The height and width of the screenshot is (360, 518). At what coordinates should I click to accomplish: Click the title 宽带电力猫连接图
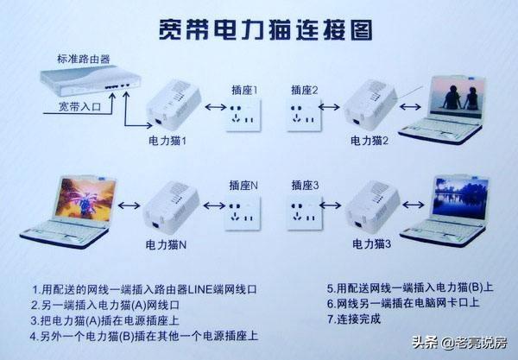(266, 30)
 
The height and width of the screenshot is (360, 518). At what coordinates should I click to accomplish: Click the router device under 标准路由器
(91, 80)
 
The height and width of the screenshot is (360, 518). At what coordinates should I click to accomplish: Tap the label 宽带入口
(79, 106)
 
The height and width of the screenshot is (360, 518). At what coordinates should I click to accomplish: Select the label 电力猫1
(167, 141)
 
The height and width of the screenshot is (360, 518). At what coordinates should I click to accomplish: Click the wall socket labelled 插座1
(243, 115)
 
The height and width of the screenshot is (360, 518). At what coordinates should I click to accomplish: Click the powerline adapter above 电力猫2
(370, 105)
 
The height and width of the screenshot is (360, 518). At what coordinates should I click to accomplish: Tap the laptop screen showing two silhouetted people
(457, 97)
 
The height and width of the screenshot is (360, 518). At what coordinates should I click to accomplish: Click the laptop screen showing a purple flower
(85, 199)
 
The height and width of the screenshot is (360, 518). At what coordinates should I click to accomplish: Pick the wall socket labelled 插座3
(305, 212)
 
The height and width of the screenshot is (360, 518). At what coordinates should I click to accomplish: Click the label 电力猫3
(371, 244)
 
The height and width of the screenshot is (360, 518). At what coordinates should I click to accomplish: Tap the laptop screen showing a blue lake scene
(460, 199)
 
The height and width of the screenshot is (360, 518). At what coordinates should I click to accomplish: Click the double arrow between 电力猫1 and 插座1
(215, 107)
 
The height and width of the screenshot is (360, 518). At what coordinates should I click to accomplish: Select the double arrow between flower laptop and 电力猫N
(129, 205)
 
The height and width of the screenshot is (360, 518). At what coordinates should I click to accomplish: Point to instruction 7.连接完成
(354, 319)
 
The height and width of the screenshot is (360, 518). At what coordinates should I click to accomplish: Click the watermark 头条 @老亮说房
(459, 343)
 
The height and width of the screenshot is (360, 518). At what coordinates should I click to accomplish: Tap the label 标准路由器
(84, 59)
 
